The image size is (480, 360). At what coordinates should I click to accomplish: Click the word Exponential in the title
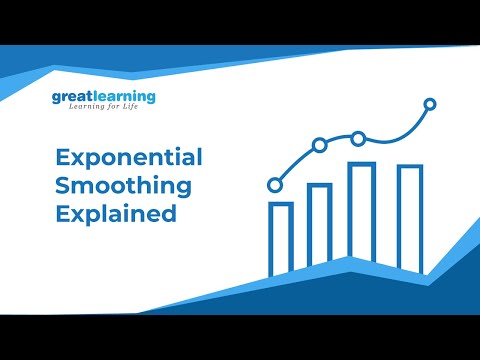click(x=129, y=158)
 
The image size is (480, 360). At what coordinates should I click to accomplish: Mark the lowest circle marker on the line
click(x=275, y=185)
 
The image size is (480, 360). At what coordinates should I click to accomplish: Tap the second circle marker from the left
click(x=319, y=145)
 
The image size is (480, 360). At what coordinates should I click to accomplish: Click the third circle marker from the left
click(x=357, y=138)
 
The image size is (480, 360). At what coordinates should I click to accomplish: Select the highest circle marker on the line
click(x=430, y=103)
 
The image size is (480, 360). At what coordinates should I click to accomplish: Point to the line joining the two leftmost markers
click(x=296, y=163)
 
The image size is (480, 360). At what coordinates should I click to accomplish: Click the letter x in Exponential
click(x=76, y=159)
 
